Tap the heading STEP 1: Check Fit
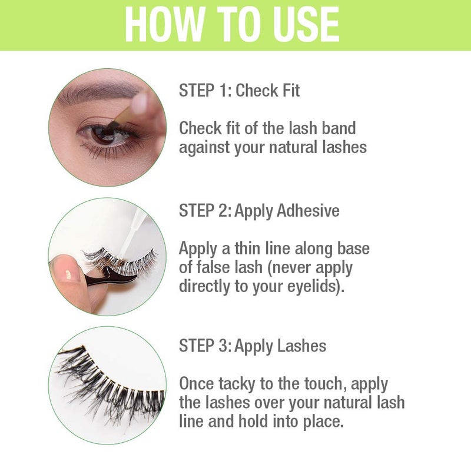239,91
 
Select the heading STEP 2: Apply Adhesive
259,211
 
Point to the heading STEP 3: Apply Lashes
252,346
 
